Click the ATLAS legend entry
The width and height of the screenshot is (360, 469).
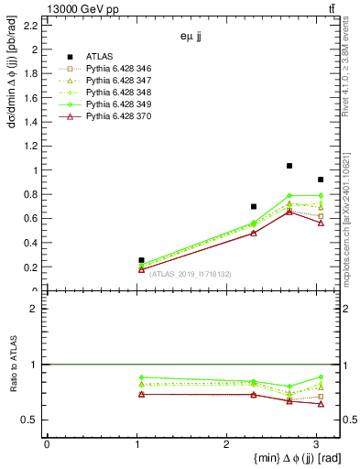click(99, 56)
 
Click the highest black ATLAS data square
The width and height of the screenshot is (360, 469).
click(289, 166)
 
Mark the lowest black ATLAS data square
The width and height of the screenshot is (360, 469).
click(141, 260)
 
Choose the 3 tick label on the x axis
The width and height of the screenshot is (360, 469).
click(316, 445)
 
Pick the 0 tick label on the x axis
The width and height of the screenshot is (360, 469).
click(47, 445)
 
